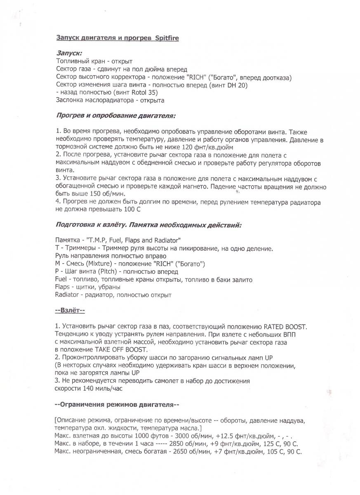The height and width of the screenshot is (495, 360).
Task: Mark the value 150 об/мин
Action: point(104,193)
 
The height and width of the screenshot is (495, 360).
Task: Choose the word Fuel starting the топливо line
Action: point(61,280)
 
